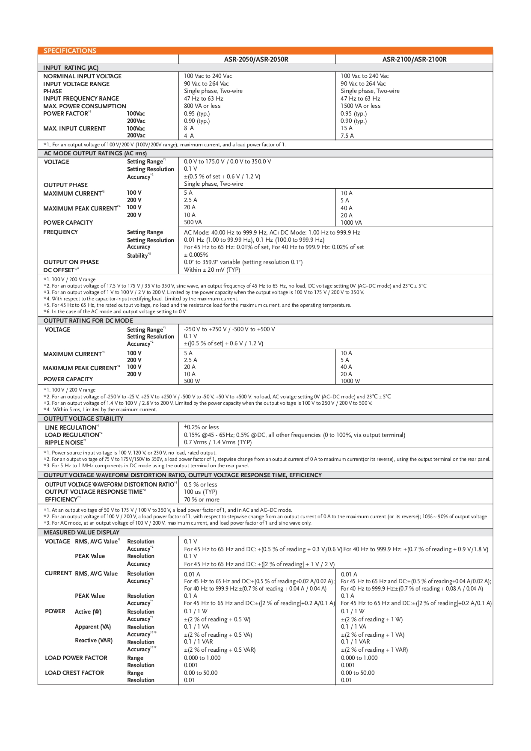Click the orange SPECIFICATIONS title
[x=70, y=51]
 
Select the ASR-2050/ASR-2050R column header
[x=256, y=59]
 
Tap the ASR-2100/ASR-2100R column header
[x=414, y=59]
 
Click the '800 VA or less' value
[x=202, y=106]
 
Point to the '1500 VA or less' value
[x=360, y=106]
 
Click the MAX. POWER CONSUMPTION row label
[x=85, y=106]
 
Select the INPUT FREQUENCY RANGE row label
[x=81, y=98]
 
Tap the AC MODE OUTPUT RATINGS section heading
[x=95, y=153]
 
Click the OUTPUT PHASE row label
[x=65, y=185]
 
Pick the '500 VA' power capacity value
[x=193, y=223]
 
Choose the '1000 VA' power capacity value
[x=351, y=223]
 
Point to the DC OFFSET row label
[x=61, y=270]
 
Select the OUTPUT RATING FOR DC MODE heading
[x=88, y=321]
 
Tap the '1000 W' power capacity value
[x=350, y=381]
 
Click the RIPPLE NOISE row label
[x=65, y=442]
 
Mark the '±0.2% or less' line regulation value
[x=201, y=427]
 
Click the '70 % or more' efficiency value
[x=202, y=499]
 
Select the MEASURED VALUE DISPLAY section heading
[x=81, y=532]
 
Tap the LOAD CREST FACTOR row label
[x=74, y=673]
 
